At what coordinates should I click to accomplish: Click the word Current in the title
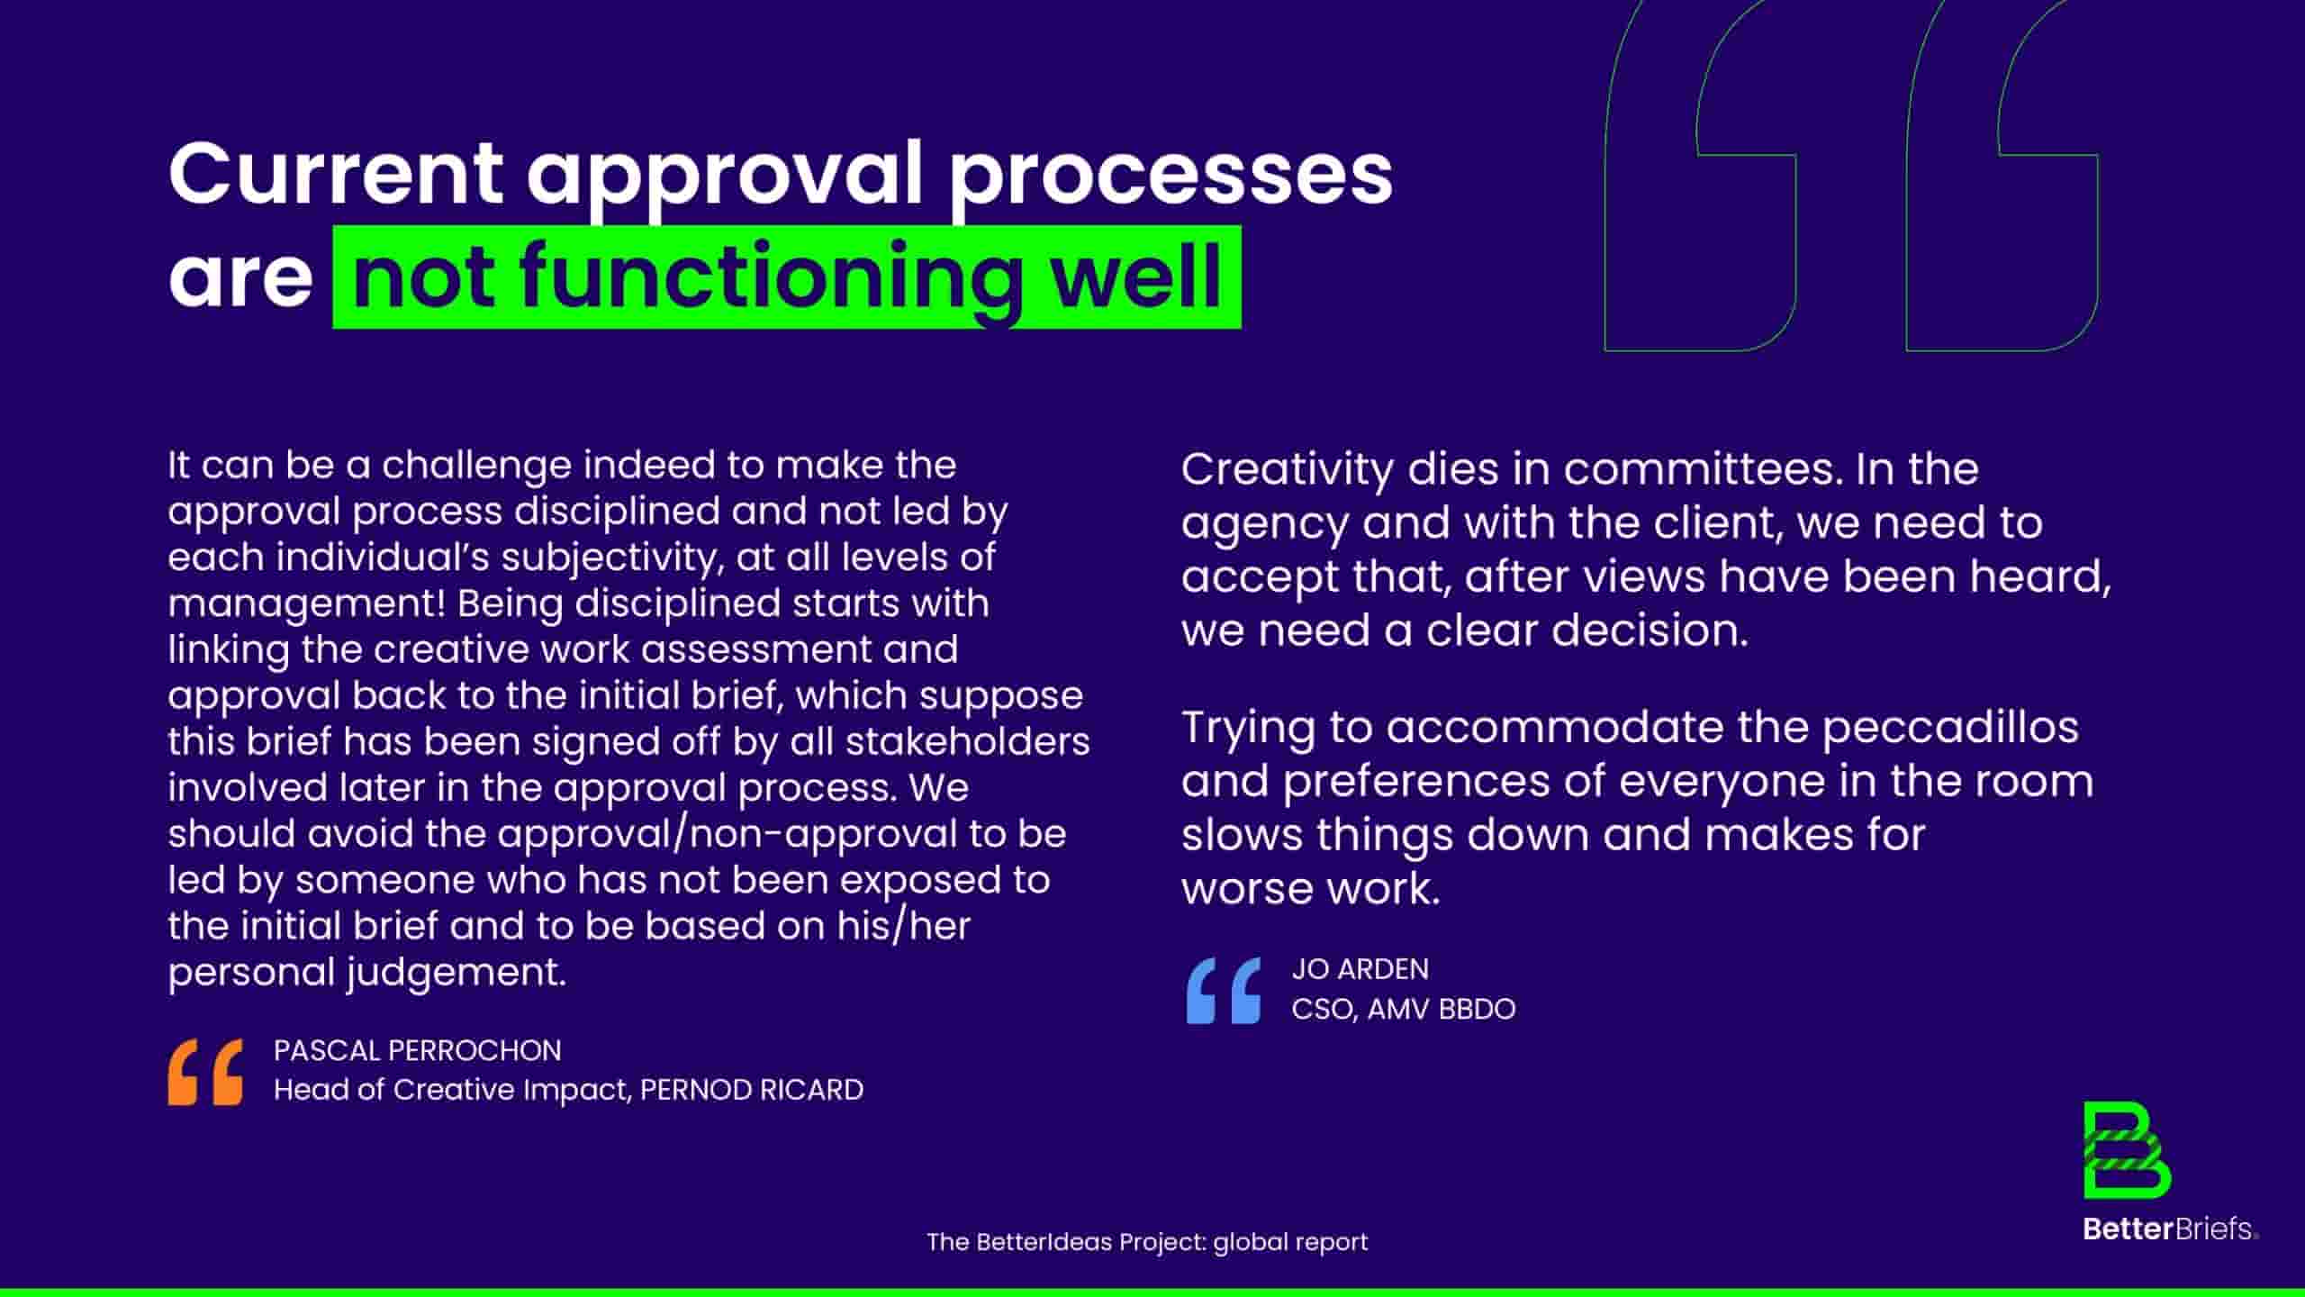coord(335,173)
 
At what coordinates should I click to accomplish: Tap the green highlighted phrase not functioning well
coord(787,277)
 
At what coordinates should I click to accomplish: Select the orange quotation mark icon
coord(205,1072)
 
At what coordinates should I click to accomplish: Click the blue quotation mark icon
coord(1224,991)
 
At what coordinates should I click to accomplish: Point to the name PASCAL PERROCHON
coord(418,1050)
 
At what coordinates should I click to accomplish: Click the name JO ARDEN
coord(1360,969)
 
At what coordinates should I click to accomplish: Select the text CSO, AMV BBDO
coord(1403,1009)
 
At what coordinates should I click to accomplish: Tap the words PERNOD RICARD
coord(752,1090)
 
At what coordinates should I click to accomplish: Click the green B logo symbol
coord(2127,1163)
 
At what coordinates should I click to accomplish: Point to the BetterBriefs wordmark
coord(2170,1229)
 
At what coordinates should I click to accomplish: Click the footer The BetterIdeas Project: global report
coord(1147,1242)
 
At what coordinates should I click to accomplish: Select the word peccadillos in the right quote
coord(1950,728)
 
